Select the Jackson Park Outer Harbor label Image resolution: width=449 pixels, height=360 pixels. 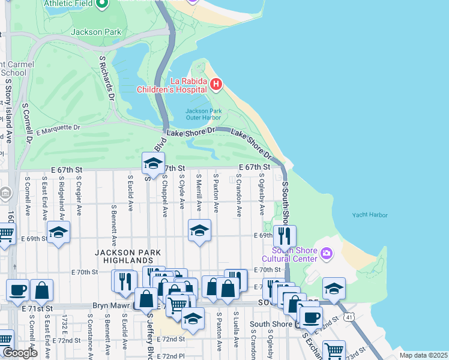tap(203, 115)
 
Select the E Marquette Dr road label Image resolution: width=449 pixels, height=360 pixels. tap(58, 129)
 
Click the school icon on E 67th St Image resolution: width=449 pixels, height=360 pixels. tap(153, 163)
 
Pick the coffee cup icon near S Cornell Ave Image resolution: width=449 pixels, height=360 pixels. tap(17, 290)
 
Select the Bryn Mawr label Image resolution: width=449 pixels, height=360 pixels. tap(112, 305)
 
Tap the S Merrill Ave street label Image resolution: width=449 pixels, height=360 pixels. tap(199, 193)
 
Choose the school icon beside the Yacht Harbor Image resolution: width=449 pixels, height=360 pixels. tap(334, 289)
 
